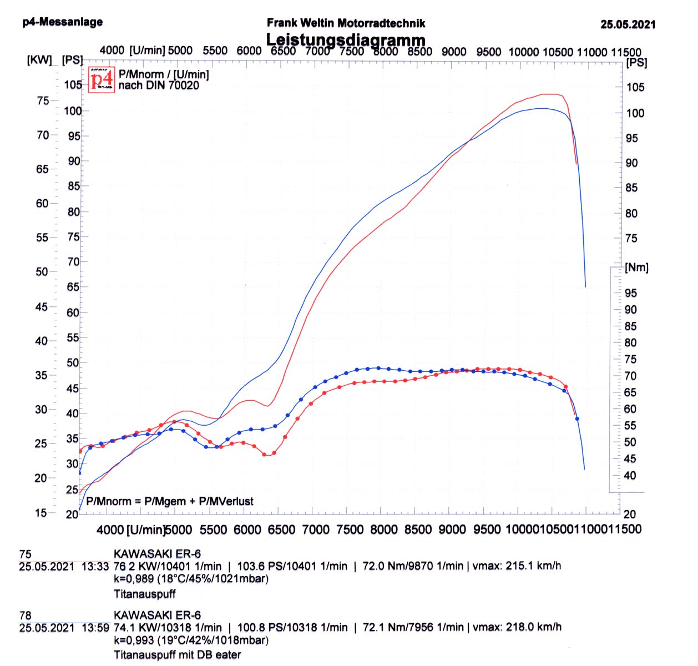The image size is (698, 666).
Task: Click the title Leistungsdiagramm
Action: (x=346, y=40)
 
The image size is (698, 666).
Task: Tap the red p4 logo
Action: (x=102, y=79)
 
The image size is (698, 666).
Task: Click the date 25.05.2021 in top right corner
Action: (x=628, y=24)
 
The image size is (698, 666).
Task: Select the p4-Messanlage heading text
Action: (x=63, y=22)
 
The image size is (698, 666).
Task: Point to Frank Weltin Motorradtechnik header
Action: (x=346, y=23)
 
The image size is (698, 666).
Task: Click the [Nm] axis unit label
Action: (x=636, y=268)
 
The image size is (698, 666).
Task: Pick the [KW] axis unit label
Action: (x=39, y=60)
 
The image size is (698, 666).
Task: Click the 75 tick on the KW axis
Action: (x=43, y=101)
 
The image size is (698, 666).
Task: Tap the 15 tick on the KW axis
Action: (x=41, y=513)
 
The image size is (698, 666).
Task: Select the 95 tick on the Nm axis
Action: (x=631, y=293)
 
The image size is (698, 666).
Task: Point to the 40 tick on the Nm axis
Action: (x=630, y=476)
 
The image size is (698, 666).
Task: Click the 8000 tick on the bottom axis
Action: (x=384, y=529)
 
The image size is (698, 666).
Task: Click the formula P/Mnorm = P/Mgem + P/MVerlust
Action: (x=170, y=501)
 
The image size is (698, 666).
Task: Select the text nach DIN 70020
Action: (x=159, y=85)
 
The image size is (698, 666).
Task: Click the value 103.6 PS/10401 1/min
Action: (x=292, y=566)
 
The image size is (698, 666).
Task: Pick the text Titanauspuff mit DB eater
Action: (x=178, y=655)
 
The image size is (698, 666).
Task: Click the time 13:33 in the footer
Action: (x=95, y=567)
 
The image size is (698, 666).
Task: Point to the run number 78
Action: (x=25, y=615)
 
